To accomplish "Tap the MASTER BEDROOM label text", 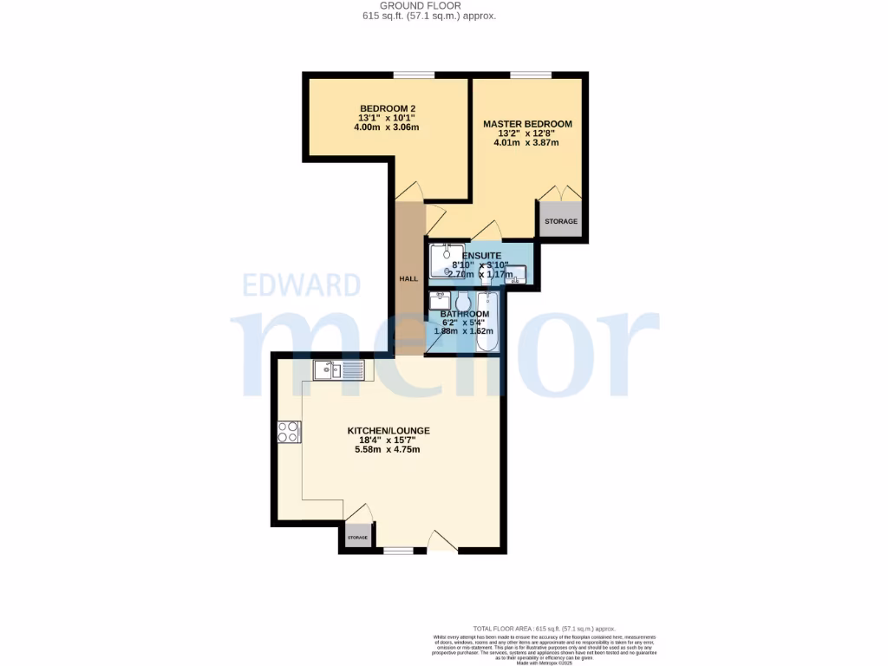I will point(527,124).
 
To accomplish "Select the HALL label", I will point(408,279).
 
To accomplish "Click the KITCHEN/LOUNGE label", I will point(388,430).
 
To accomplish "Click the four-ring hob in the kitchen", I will point(288,431).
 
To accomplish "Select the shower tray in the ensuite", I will point(446,261).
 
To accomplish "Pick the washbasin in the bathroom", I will point(440,301).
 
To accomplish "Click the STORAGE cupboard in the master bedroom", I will point(560,222).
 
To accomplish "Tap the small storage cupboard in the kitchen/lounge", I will point(357,538).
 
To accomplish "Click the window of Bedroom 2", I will point(415,75).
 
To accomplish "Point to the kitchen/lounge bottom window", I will point(399,550).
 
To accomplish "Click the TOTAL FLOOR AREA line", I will point(544,628).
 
